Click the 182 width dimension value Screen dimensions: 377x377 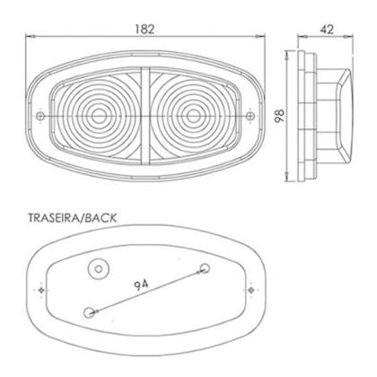point(145,30)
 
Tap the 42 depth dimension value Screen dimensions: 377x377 point(327,30)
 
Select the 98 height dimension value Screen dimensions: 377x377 point(280,116)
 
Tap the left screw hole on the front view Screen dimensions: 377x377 point(40,116)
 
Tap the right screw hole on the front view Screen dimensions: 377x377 point(250,116)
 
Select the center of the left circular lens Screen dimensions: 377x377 point(99,116)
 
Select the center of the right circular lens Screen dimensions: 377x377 point(193,116)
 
